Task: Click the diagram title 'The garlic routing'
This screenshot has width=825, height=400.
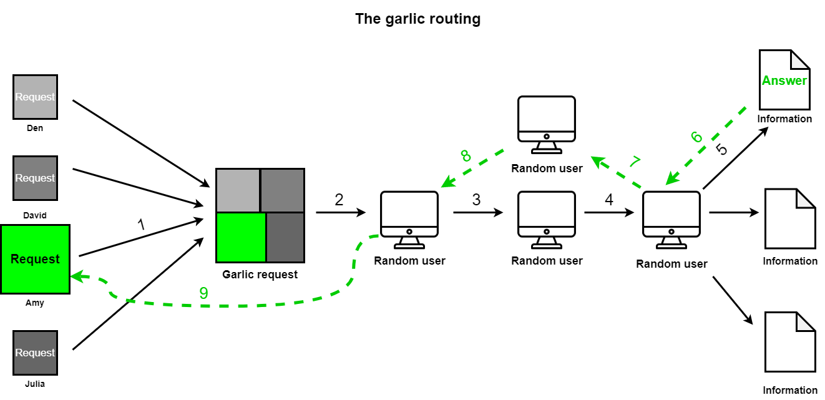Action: pos(417,19)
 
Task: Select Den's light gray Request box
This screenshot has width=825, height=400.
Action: pos(36,97)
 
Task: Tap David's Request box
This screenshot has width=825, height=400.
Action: pos(36,178)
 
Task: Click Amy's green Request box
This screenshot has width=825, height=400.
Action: pos(36,260)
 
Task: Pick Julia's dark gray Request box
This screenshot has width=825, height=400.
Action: pos(36,353)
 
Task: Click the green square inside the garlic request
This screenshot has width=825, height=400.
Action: pos(242,237)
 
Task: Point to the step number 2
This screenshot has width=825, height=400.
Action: pos(339,200)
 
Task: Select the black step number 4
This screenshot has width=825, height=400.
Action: pos(609,200)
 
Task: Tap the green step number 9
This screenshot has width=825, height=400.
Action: pos(203,293)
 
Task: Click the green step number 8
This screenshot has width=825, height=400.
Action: pos(466,156)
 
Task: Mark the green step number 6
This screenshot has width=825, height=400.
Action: pos(696,137)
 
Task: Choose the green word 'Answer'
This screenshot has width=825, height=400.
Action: pos(784,80)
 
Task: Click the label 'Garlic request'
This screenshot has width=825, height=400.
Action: pos(260,275)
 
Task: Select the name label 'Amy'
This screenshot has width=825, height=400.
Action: pos(34,303)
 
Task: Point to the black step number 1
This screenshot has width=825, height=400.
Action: pos(141,224)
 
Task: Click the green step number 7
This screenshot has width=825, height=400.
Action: pos(635,162)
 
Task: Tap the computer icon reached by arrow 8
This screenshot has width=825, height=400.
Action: pos(409,220)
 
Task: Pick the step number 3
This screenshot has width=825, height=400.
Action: pos(476,200)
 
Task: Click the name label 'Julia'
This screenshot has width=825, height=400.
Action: pos(34,384)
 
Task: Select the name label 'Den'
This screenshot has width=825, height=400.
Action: pos(34,128)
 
